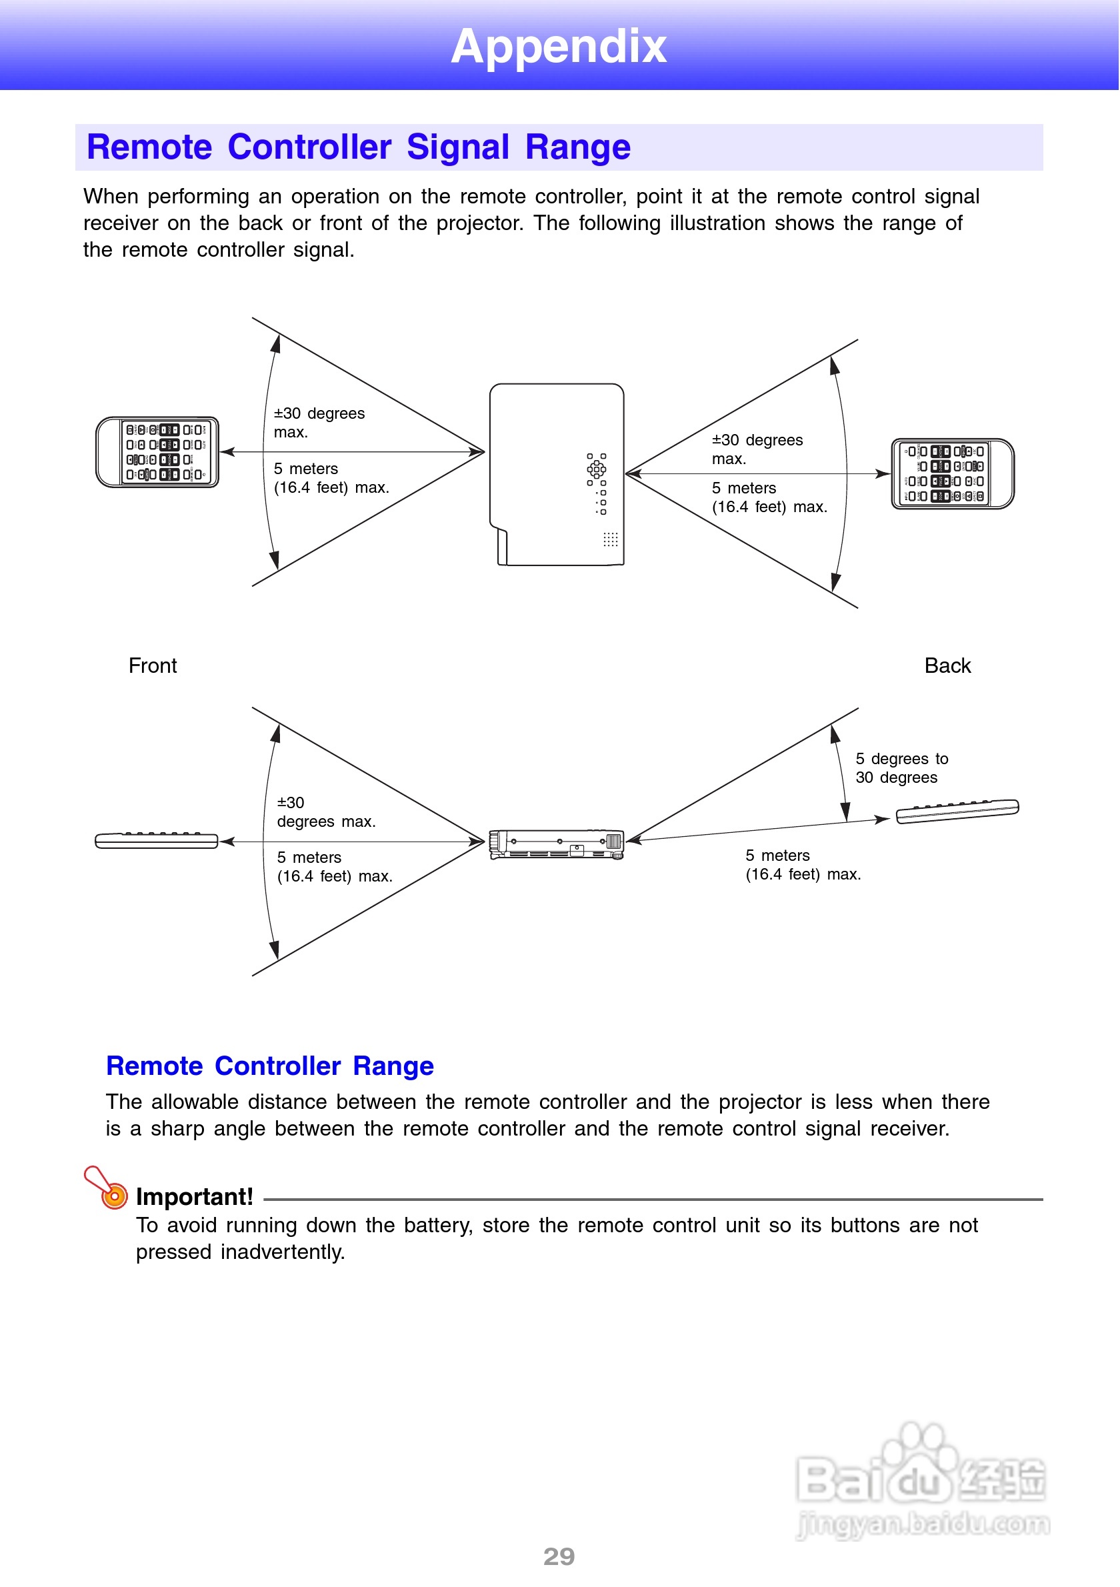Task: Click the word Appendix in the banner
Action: tap(558, 46)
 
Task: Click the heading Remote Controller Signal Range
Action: tap(358, 147)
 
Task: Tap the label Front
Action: tap(153, 665)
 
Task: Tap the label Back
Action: tap(947, 665)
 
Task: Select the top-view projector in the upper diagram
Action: tap(556, 474)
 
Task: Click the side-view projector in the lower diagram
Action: tap(556, 844)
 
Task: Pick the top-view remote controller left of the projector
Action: tap(157, 452)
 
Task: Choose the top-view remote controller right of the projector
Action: tap(952, 474)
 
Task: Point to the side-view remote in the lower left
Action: tap(157, 840)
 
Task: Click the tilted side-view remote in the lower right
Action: tap(957, 811)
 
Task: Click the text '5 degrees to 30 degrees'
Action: tap(901, 768)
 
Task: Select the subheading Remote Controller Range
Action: tap(269, 1066)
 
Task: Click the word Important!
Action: tap(194, 1196)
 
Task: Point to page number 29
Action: tap(559, 1556)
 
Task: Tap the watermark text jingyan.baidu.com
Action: tap(923, 1524)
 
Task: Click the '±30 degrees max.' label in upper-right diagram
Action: tap(757, 449)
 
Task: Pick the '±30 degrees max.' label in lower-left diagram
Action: tap(325, 812)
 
